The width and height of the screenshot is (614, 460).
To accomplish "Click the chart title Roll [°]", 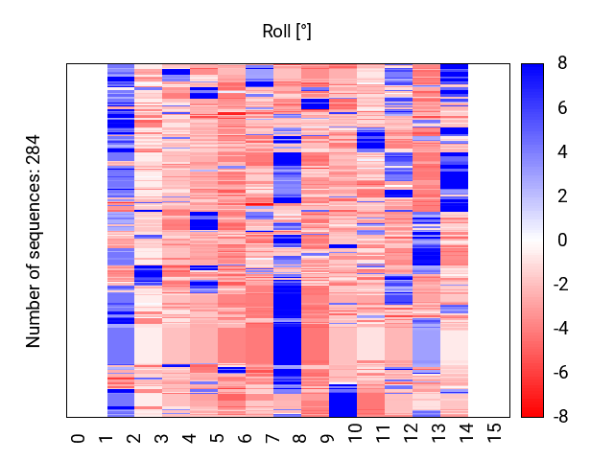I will click(287, 32).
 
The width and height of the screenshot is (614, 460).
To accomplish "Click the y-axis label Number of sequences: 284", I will click(35, 241).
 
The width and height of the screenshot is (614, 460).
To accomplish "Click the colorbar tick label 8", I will click(561, 63).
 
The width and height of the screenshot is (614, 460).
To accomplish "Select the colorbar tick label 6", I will click(561, 107).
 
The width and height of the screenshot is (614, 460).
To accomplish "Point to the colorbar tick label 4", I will click(561, 151).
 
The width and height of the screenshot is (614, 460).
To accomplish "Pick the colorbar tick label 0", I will click(561, 241).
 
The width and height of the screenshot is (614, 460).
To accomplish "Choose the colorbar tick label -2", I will click(559, 285).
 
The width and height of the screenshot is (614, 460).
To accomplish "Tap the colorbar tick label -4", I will click(559, 329).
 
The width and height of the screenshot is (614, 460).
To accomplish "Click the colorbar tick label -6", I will click(559, 373).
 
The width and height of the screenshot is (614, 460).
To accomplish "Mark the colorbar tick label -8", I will click(559, 417).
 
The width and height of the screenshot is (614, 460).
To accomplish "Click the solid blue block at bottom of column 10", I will click(342, 401).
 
